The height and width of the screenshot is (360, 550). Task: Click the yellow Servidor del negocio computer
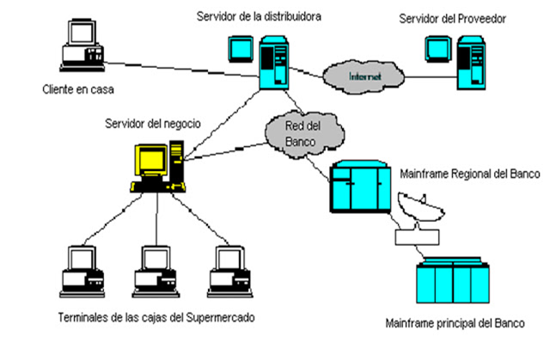pyautogui.click(x=156, y=167)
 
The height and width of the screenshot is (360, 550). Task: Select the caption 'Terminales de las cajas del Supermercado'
pyautogui.click(x=150, y=317)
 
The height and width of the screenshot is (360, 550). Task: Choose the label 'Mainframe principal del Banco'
pyautogui.click(x=454, y=326)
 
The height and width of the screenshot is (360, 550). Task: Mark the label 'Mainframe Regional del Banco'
pyautogui.click(x=469, y=174)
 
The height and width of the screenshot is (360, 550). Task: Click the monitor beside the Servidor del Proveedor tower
pyautogui.click(x=437, y=52)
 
